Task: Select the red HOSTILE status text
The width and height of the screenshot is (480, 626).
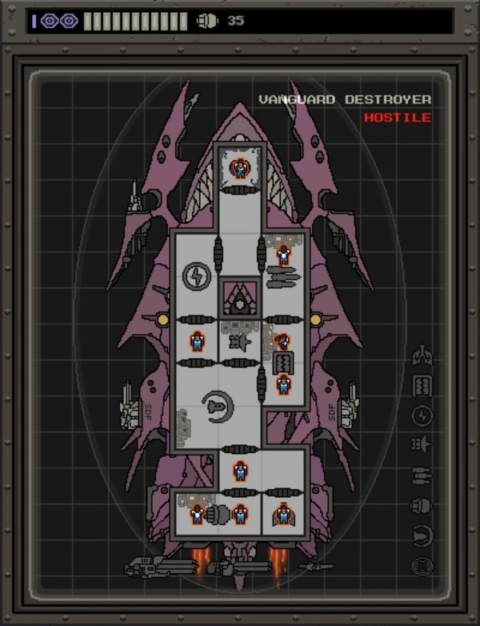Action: [397, 118]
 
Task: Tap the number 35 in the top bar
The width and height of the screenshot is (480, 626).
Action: [235, 21]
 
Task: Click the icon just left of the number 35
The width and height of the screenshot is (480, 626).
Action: [207, 21]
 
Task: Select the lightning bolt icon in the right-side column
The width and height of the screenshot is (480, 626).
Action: [422, 415]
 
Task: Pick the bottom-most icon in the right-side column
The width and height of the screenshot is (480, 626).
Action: [422, 567]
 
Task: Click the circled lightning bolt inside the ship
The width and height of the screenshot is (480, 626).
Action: [196, 276]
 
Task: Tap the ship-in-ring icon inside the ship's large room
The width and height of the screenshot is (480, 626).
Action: [217, 407]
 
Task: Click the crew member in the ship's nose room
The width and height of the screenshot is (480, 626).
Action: [239, 169]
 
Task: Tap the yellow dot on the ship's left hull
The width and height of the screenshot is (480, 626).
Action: [163, 319]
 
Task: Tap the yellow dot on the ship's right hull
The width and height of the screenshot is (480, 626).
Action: [316, 319]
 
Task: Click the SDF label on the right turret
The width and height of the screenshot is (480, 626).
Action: [332, 415]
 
